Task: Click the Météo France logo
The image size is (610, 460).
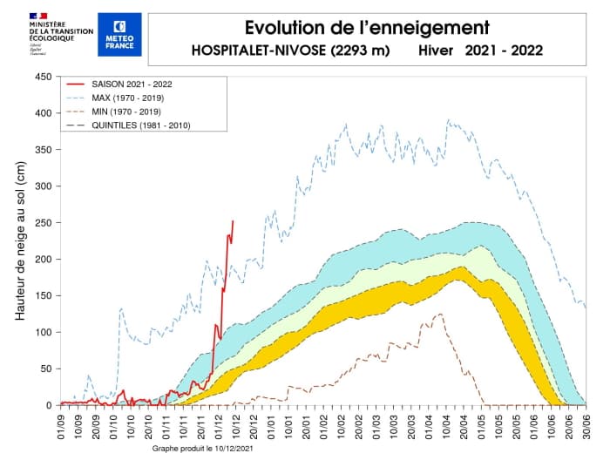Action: coord(115,36)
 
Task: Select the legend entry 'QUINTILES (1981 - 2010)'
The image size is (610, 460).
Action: coord(139,125)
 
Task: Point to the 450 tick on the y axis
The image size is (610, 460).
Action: coord(42,77)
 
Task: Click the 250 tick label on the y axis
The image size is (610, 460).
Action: coord(42,223)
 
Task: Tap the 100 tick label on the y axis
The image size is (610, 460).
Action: coord(42,333)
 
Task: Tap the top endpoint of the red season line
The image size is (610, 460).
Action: coord(233,221)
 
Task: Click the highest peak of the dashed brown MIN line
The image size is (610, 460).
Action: coord(441,314)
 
